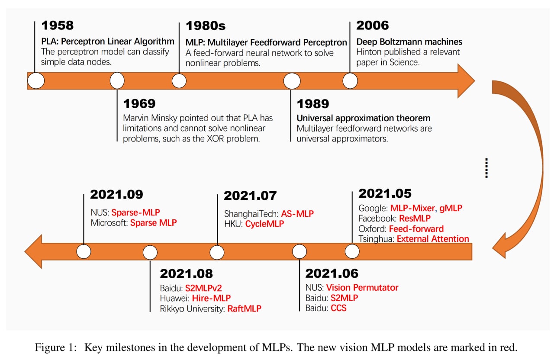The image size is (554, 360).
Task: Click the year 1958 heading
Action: pos(58,26)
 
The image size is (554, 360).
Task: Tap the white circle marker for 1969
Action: pos(117,80)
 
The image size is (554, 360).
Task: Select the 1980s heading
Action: pos(206,26)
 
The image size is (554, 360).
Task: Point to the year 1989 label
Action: pos(313,104)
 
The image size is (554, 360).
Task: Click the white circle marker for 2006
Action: pos(350,81)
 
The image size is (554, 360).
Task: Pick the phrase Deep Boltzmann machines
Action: pos(409,42)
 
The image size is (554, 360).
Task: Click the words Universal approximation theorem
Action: pos(363,118)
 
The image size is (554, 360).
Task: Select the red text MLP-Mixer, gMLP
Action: pos(426,208)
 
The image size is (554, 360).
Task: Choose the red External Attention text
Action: pos(433,239)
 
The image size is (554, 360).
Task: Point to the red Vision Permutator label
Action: pos(362,288)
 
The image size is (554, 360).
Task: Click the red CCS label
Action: pos(338,309)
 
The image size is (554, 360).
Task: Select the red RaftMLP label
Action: pos(245,309)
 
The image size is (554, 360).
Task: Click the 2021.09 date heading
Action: pos(116,194)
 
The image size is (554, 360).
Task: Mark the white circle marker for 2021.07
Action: pos(217,252)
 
